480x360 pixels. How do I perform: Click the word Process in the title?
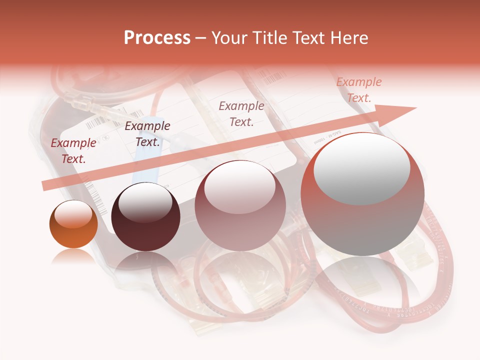[x=157, y=38]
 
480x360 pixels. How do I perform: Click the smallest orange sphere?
[x=73, y=224]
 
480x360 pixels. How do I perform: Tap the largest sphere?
[x=362, y=194]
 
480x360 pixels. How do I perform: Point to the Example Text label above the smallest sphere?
[x=73, y=151]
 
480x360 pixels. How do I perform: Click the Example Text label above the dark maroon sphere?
[x=147, y=133]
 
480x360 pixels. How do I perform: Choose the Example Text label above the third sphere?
[x=241, y=113]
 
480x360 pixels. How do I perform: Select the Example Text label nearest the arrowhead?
[x=359, y=90]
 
